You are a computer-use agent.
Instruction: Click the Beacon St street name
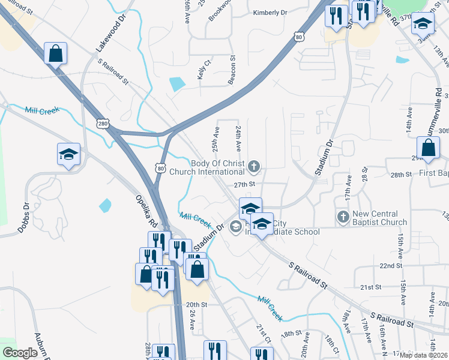[x=231, y=71]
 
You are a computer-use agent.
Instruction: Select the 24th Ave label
[x=238, y=139]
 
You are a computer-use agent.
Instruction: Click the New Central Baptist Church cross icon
[x=343, y=216]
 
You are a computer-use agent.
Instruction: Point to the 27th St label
[x=245, y=184]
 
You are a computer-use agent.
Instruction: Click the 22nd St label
[x=390, y=265]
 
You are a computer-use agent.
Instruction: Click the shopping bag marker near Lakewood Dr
[x=55, y=53]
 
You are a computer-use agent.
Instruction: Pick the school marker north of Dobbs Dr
[x=68, y=155]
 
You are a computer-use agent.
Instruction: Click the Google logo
[x=19, y=353]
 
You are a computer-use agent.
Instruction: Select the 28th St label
[x=400, y=175]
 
